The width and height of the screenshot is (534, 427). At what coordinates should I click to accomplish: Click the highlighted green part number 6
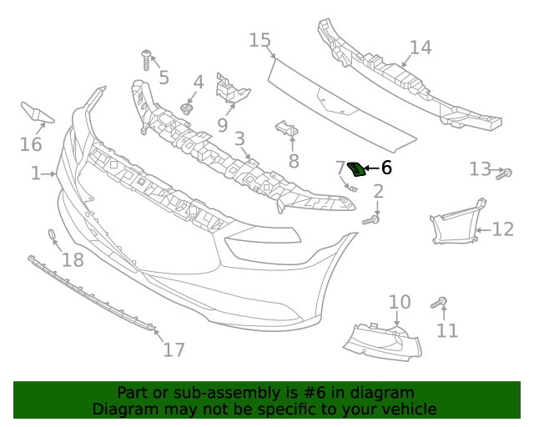[x=356, y=170]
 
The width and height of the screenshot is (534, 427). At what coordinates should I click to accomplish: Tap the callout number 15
[x=260, y=40]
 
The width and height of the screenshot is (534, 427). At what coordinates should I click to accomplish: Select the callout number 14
[x=421, y=48]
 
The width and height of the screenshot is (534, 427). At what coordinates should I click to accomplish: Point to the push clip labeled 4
[x=188, y=108]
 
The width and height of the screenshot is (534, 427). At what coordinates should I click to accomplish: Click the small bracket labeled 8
[x=286, y=131]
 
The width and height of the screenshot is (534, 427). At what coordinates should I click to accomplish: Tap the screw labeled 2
[x=372, y=219]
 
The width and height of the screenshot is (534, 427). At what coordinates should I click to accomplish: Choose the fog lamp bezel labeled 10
[x=380, y=340]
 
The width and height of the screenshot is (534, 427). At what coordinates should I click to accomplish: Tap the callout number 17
[x=174, y=349]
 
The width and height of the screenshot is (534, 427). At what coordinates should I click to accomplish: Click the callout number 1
[x=35, y=173]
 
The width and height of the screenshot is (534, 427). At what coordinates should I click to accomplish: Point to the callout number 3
[x=239, y=139]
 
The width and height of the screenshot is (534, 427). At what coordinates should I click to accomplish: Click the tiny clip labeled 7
[x=351, y=187]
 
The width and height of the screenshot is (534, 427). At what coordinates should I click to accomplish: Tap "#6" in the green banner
[x=325, y=393]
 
